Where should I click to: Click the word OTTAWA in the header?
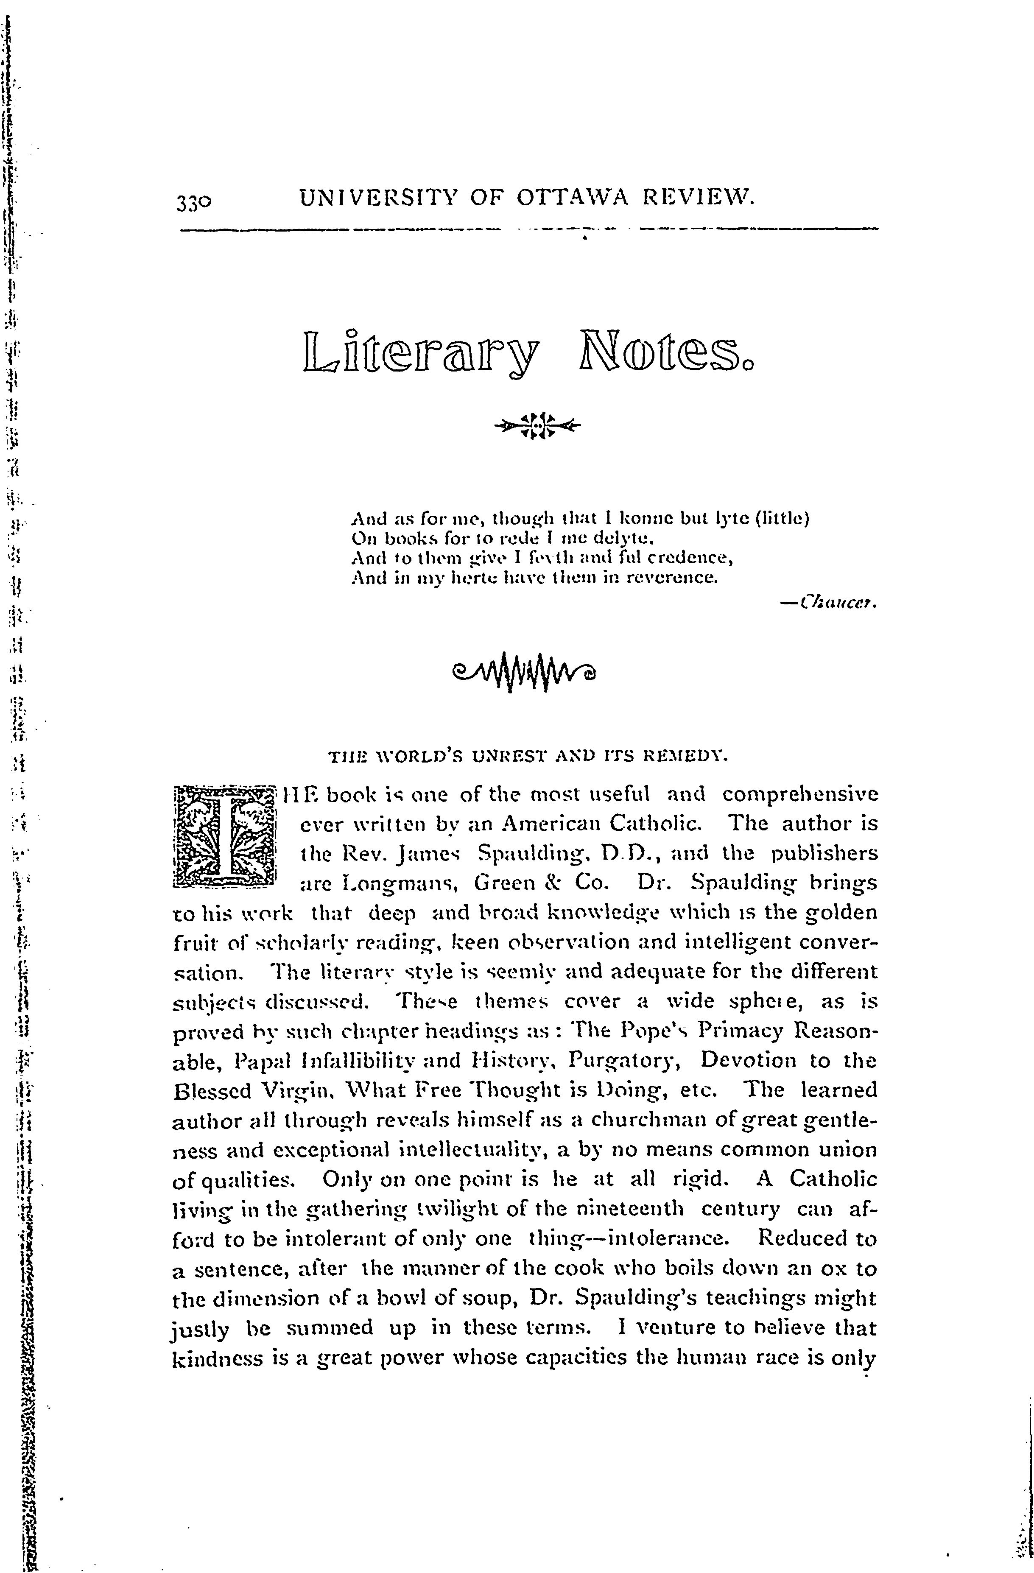click(569, 197)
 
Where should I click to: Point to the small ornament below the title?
click(536, 426)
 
